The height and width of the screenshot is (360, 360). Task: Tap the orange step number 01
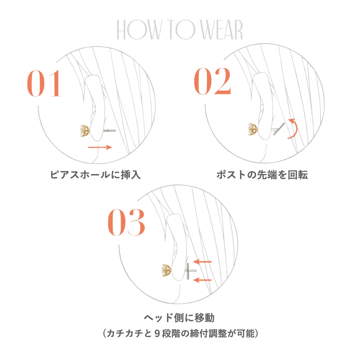click(44, 83)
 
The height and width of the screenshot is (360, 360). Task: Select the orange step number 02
click(212, 81)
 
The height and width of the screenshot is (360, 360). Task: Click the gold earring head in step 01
click(85, 131)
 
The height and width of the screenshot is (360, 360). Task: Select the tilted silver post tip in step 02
click(279, 129)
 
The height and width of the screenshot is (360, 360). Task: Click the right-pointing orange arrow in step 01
click(100, 147)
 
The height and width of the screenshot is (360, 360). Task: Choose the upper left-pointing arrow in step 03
click(202, 262)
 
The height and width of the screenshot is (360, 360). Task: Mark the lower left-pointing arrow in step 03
click(202, 280)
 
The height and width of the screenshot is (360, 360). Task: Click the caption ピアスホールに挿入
click(95, 175)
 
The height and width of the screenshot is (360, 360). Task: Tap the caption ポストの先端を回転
click(262, 175)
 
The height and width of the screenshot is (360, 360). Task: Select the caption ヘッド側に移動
click(179, 318)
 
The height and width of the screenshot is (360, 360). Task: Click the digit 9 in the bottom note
click(156, 333)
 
